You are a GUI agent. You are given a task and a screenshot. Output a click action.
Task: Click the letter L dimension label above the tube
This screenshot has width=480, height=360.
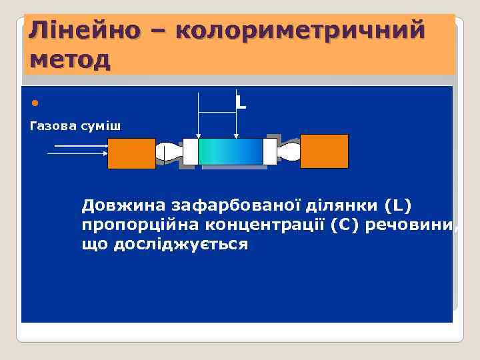click(x=241, y=103)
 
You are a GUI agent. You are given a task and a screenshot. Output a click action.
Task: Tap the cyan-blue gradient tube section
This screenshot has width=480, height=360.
click(x=231, y=152)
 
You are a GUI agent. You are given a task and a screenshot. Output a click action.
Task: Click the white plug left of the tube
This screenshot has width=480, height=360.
click(x=191, y=152)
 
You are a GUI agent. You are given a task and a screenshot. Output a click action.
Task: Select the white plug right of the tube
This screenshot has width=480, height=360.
click(x=270, y=152)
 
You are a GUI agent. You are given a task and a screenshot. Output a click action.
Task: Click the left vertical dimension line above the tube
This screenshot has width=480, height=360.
click(x=199, y=113)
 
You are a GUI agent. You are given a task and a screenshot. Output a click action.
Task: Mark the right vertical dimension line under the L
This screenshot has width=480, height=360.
click(x=236, y=123)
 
